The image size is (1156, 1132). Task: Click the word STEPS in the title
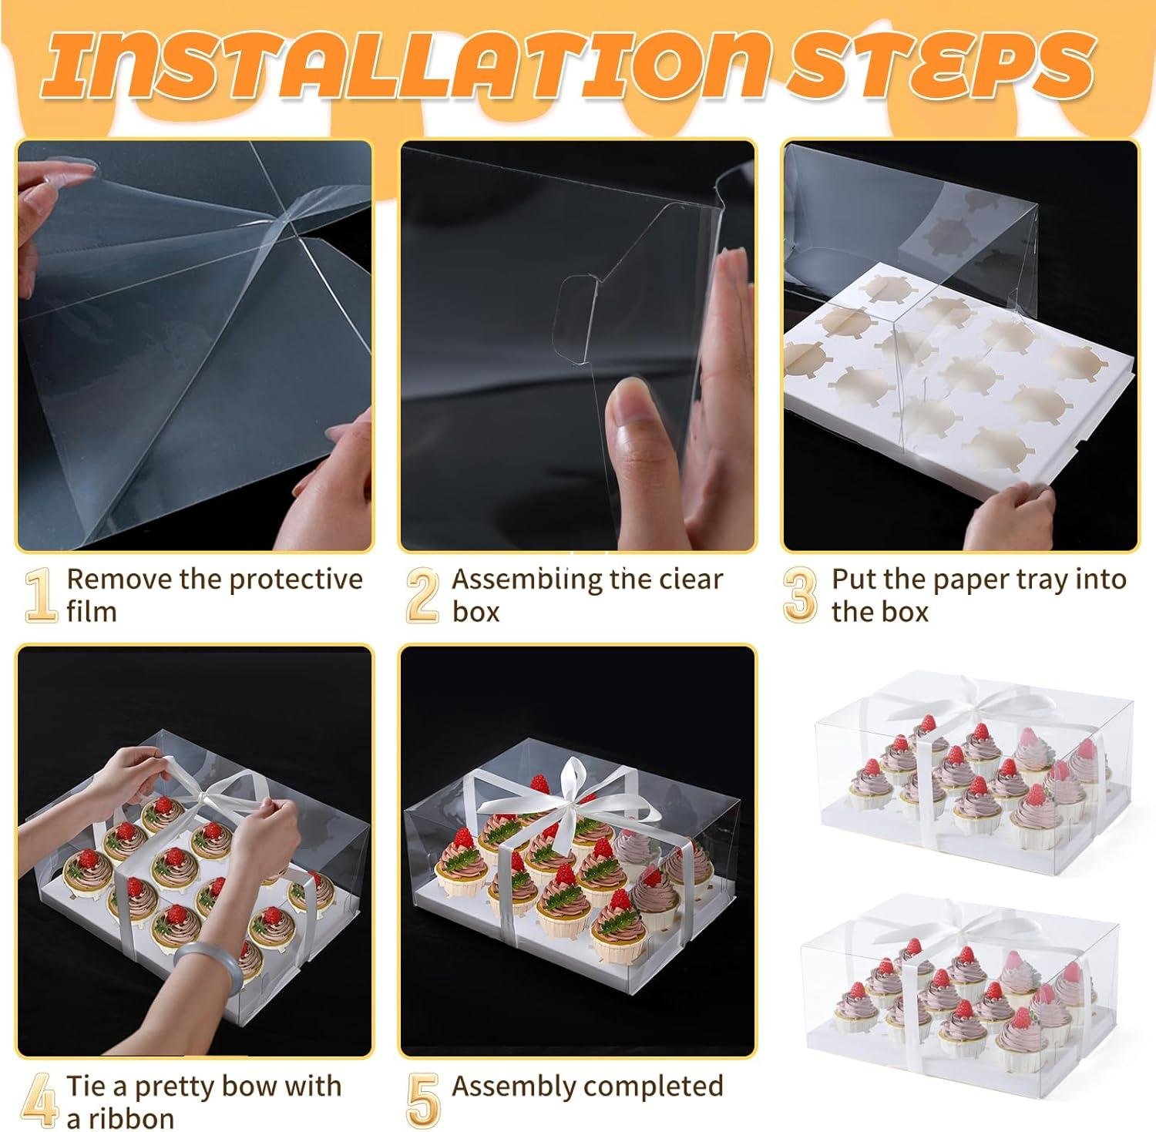940,62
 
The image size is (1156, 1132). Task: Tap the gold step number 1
41,596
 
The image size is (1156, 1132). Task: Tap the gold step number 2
422,596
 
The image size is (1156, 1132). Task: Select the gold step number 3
800,596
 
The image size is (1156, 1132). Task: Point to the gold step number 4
39,1101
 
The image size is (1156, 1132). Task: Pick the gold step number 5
422,1101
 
